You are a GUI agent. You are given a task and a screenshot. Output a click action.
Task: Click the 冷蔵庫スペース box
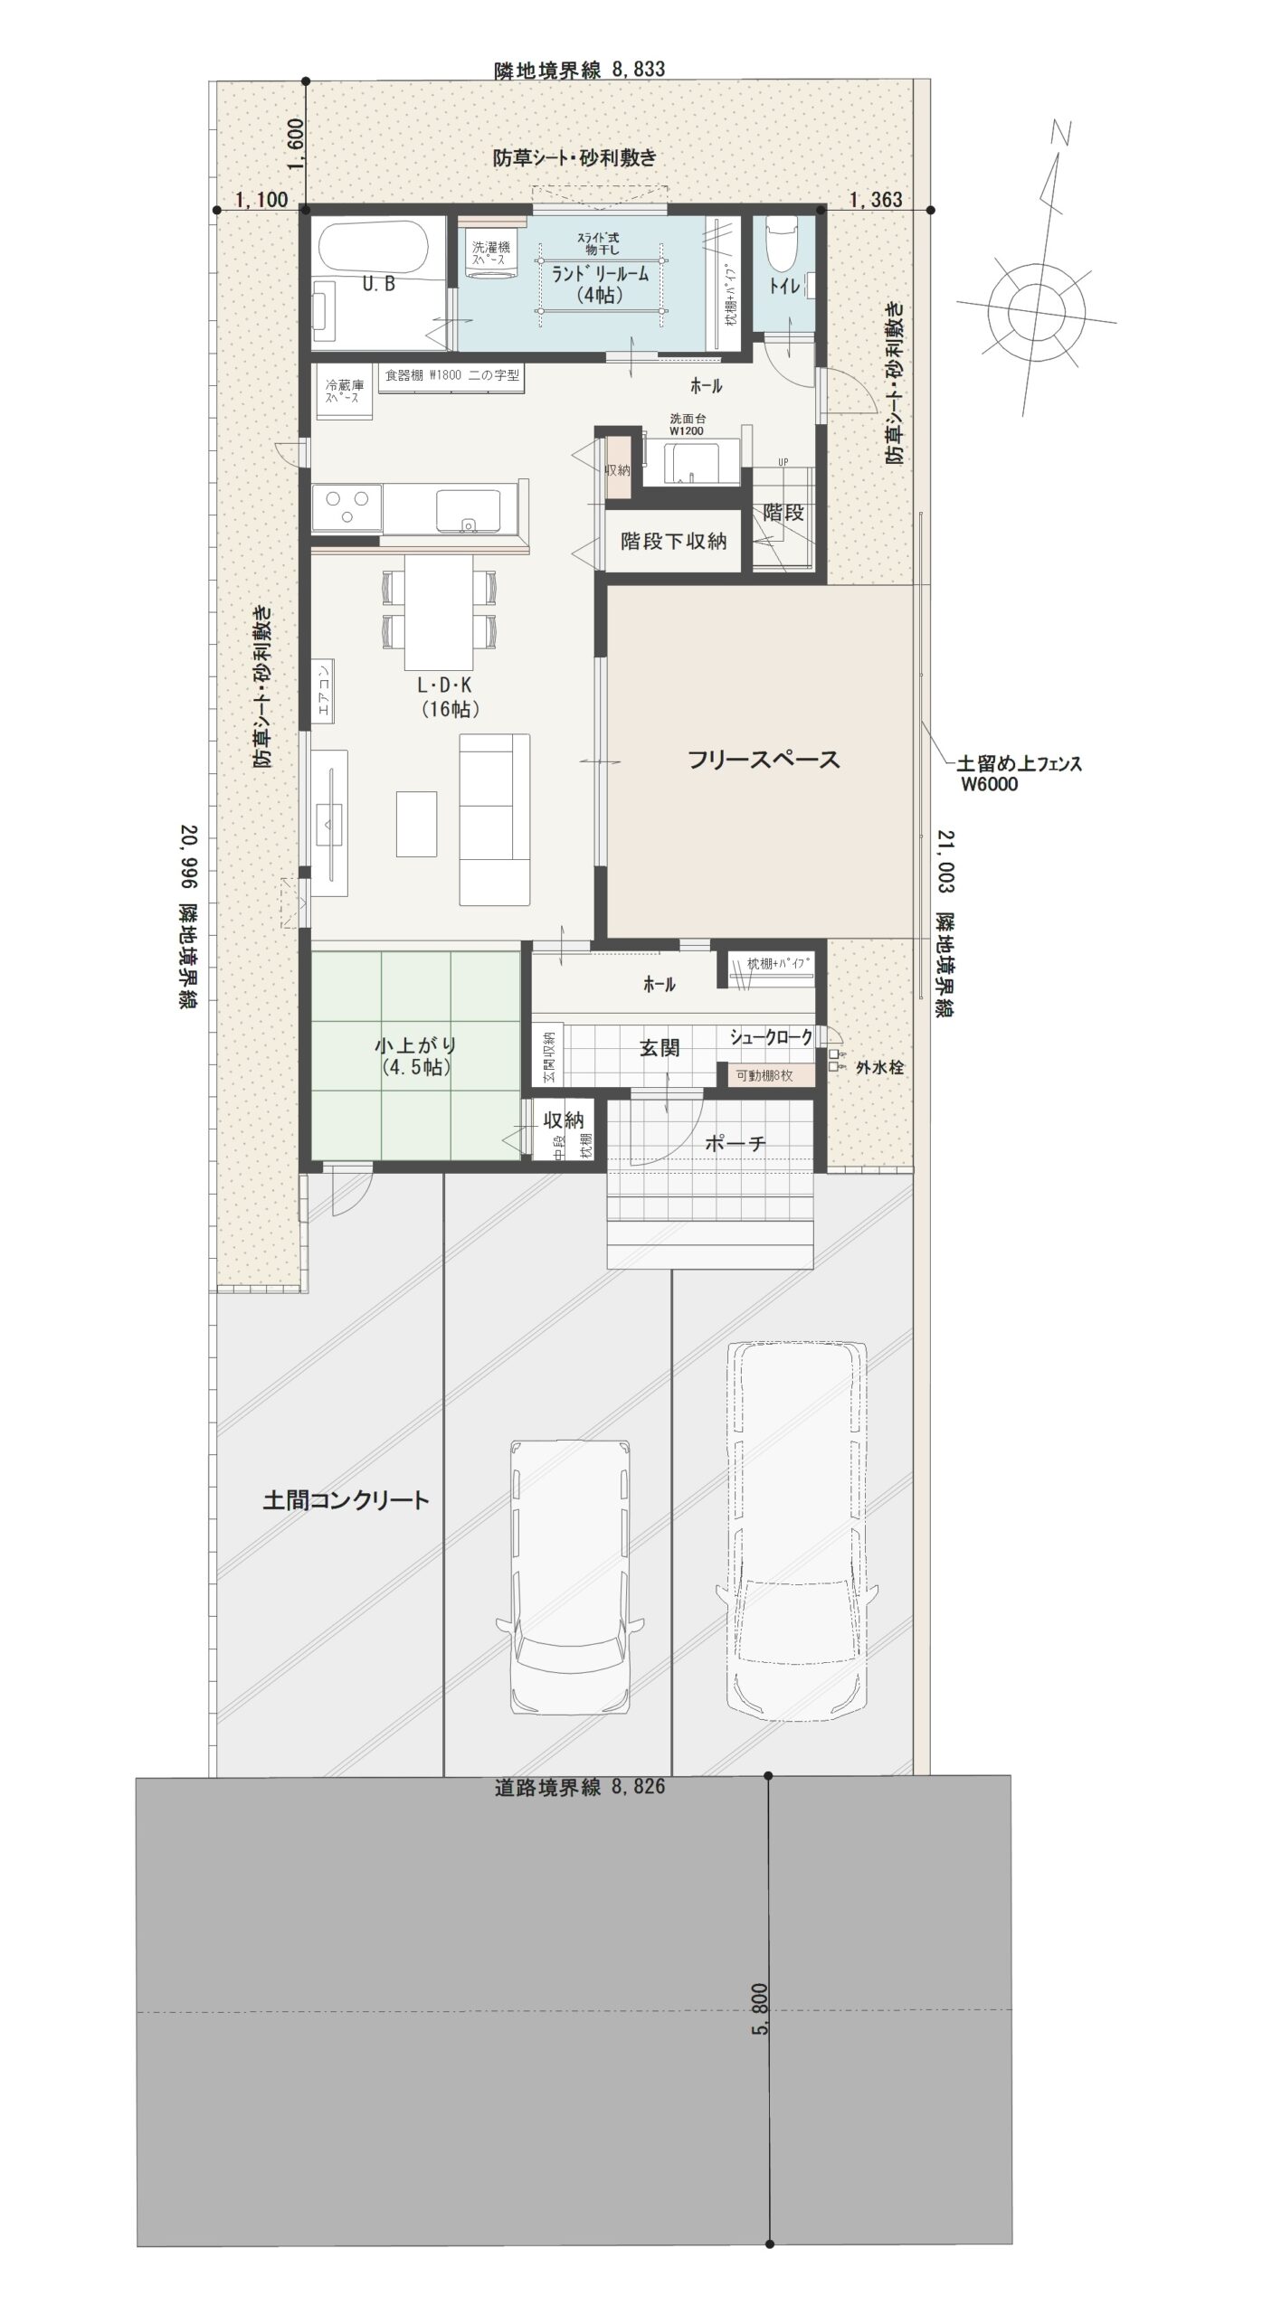[344, 392]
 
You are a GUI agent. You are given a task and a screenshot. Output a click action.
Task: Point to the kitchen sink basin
[469, 509]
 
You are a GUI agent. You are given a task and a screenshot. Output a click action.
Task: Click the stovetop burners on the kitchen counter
[346, 508]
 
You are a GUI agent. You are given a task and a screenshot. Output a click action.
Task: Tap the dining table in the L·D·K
[439, 610]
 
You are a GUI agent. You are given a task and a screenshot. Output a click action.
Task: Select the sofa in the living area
[494, 819]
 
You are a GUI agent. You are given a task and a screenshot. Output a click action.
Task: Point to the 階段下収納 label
[673, 542]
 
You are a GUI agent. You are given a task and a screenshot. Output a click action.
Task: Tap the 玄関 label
[660, 1049]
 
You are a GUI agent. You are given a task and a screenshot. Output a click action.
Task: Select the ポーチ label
[735, 1144]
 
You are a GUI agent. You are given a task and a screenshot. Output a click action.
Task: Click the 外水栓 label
[880, 1067]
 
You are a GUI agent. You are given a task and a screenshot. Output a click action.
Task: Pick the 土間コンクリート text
[346, 1501]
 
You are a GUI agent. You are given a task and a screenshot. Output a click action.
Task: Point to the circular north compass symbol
[1035, 306]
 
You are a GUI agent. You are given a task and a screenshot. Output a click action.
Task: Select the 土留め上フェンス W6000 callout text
[1018, 774]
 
